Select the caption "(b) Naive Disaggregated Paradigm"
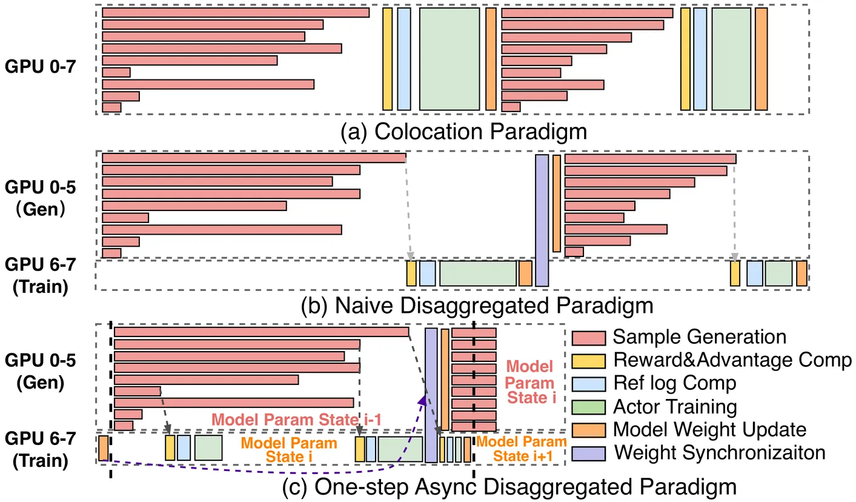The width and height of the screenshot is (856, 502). click(x=477, y=304)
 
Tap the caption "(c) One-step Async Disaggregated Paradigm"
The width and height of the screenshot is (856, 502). click(x=509, y=487)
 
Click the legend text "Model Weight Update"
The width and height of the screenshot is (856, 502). click(x=709, y=429)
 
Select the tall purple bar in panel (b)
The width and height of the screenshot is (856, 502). click(x=542, y=220)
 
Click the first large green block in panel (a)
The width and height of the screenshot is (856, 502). click(x=450, y=59)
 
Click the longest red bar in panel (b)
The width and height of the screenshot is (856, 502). click(x=254, y=158)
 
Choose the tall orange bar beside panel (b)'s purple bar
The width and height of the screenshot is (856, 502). click(x=556, y=203)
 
